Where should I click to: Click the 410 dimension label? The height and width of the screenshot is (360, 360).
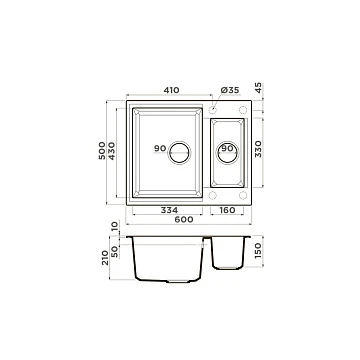tap(171, 90)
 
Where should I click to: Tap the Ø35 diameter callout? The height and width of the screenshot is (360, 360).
tap(230, 90)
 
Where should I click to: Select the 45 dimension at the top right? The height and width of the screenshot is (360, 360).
tap(259, 88)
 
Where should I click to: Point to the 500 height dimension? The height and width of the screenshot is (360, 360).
tap(102, 150)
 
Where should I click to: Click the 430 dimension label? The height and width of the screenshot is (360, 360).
tap(112, 151)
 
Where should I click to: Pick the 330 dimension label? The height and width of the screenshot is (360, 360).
tap(258, 149)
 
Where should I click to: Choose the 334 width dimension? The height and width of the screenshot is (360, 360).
tap(169, 211)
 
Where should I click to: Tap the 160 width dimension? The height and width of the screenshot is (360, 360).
tap(227, 211)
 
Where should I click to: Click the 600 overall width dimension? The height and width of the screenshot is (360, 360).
tap(184, 220)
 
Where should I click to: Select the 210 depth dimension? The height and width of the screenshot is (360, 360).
tap(105, 258)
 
